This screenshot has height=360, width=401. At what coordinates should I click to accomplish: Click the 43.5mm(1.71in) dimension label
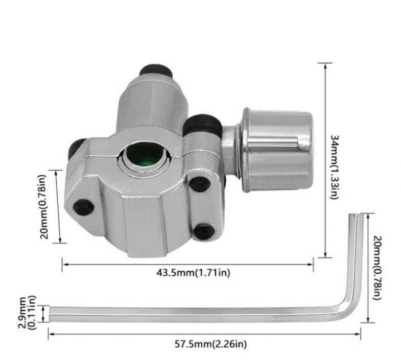193,273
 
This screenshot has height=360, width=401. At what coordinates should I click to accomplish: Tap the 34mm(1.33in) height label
335,167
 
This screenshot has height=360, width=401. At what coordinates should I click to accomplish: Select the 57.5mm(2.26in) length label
211,344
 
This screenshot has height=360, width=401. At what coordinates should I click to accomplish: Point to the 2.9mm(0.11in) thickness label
28,313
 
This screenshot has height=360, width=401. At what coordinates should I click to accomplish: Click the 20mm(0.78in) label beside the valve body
44,207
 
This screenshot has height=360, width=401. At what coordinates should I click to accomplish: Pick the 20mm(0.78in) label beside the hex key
377,268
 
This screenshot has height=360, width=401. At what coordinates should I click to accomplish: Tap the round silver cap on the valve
277,150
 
